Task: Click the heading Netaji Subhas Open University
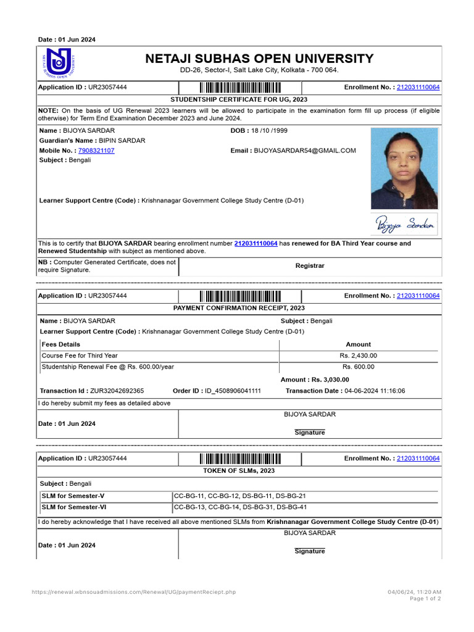point(259,59)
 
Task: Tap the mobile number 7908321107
point(96,151)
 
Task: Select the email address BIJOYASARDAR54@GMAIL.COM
point(305,151)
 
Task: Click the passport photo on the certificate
point(404,168)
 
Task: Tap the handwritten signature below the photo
point(404,226)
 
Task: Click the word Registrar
point(310,266)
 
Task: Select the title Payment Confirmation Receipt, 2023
point(239,308)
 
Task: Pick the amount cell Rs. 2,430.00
point(358,355)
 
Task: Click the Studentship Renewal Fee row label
point(108,367)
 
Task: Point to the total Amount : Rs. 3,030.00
point(315,380)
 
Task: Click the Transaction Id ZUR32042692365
point(117,391)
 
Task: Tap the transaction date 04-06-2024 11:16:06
point(375,391)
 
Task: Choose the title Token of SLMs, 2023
point(239,471)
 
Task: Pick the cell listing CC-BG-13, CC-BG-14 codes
point(240,508)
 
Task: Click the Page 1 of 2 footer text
point(425,599)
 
